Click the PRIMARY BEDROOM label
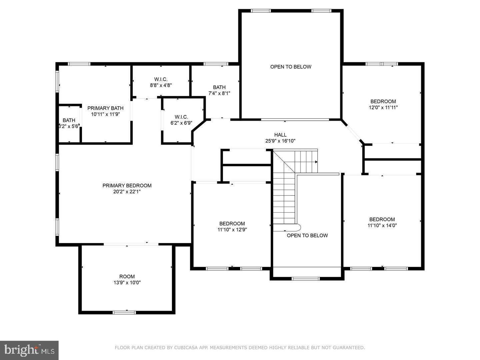coord(127,186)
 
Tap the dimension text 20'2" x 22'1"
coord(127,192)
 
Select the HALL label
coord(280,135)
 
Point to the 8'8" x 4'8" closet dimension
coord(161,85)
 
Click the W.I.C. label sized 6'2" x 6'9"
coord(181,117)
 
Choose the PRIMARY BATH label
coord(105,108)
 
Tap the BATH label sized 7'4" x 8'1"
coord(219,87)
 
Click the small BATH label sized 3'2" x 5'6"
coord(69,120)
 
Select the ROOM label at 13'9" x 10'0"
coord(127,276)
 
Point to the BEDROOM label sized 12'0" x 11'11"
coord(383,101)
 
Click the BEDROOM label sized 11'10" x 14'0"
coord(382,219)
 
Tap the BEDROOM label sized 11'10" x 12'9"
coord(232,224)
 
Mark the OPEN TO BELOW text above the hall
coord(291,67)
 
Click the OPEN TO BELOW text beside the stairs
coord(307,235)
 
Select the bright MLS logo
coord(29,350)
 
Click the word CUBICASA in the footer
coord(185,348)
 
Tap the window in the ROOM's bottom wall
coord(124,312)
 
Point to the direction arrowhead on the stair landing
coord(316,162)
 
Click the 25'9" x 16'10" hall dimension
coord(280,141)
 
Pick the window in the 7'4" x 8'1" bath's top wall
coord(216,64)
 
